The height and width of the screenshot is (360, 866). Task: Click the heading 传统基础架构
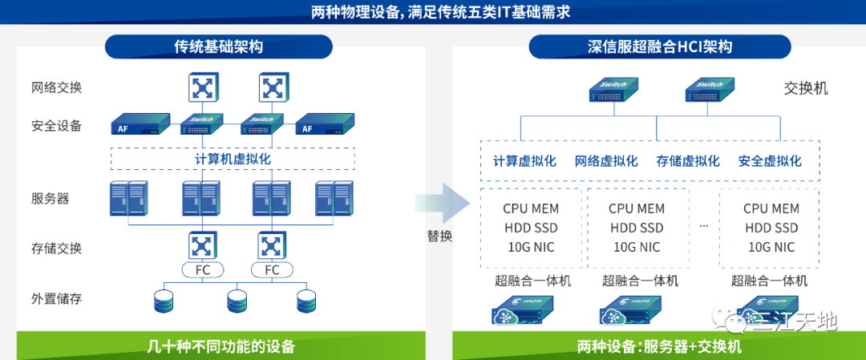(218, 47)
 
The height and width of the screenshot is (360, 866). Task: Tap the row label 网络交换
(56, 87)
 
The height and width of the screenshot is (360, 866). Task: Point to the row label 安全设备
(56, 126)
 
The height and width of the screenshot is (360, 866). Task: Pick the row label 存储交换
(56, 248)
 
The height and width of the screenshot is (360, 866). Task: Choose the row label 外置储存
(56, 299)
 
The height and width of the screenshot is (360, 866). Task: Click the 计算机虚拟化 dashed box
(233, 159)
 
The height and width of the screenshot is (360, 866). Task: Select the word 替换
(439, 237)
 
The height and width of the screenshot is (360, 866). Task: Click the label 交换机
(805, 88)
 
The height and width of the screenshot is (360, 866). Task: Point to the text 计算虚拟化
(524, 161)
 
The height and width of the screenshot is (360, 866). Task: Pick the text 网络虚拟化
(606, 161)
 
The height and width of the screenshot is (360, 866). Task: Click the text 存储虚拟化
(688, 161)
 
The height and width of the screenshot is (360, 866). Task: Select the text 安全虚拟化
(770, 161)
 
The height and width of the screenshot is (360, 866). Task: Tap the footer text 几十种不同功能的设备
(221, 346)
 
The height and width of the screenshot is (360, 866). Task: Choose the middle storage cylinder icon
(237, 301)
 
